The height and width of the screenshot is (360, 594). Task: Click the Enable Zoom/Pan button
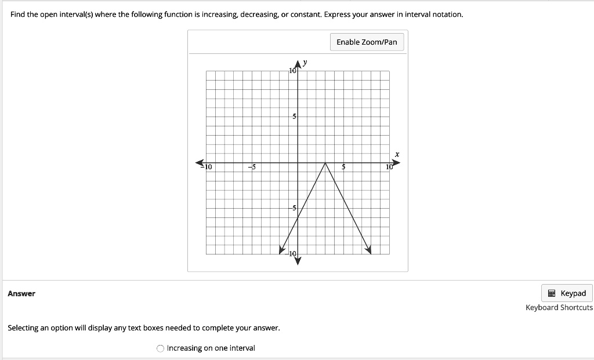click(367, 42)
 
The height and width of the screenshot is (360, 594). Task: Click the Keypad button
click(567, 293)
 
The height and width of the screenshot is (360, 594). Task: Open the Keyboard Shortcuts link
click(559, 308)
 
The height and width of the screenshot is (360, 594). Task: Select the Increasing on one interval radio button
click(161, 348)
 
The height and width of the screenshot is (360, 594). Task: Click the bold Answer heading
click(21, 293)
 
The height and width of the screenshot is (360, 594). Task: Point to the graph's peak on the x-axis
click(325, 163)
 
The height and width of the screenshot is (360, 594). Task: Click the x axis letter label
click(397, 154)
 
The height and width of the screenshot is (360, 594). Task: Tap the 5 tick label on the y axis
click(294, 117)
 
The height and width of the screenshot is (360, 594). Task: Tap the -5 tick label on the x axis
click(251, 168)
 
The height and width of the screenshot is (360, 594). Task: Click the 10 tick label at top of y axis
click(292, 71)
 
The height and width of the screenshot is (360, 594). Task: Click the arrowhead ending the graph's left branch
click(283, 250)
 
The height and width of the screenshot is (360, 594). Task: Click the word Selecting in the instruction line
click(23, 328)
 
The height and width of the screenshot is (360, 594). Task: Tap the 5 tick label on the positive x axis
click(343, 168)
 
